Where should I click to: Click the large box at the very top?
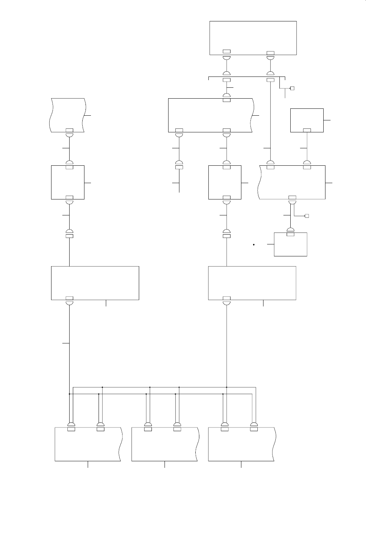tap(253, 38)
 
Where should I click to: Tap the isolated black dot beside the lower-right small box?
tap(254, 245)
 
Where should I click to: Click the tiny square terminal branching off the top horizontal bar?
tap(292, 88)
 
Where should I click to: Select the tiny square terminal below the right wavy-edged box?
tap(307, 216)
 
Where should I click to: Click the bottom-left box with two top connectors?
tap(88, 444)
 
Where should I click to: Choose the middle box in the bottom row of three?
tap(165, 444)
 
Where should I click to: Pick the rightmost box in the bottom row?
tap(241, 444)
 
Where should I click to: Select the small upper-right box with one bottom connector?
tap(307, 120)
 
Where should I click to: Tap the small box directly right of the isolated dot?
tap(291, 244)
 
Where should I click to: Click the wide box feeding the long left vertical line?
tap(95, 283)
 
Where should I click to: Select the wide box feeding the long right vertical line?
tap(252, 283)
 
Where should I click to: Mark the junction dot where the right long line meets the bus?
tap(227, 387)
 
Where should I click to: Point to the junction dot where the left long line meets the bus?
tap(69, 393)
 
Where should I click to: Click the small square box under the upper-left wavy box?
tap(68, 182)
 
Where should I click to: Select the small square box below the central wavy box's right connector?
tap(225, 182)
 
